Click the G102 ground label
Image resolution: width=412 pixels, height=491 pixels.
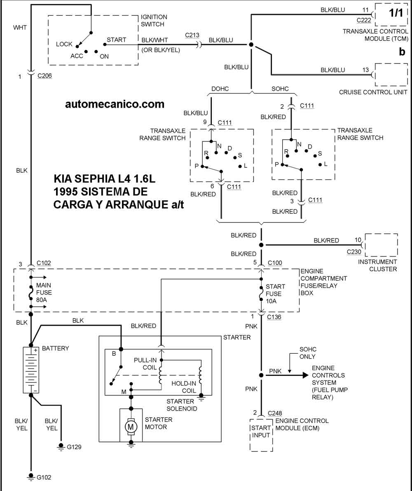[x=44, y=477]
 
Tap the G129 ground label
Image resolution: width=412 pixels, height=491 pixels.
[x=74, y=446]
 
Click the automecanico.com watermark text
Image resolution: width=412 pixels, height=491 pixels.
[x=115, y=104]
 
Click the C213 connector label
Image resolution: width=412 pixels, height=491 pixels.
[x=192, y=35]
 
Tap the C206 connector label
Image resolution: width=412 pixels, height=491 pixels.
[x=44, y=76]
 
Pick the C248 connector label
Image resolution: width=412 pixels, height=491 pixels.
[x=275, y=413]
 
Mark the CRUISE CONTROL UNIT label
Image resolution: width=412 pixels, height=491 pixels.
[x=373, y=92]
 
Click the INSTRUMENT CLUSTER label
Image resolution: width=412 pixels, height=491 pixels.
[x=377, y=265]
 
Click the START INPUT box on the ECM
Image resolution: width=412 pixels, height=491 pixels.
[x=261, y=431]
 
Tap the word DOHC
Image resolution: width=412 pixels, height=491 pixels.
[x=220, y=89]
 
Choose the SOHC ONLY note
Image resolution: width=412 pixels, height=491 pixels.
[x=307, y=353]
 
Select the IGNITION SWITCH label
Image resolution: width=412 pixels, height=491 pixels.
[x=154, y=21]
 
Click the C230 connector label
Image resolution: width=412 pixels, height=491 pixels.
[x=354, y=251]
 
